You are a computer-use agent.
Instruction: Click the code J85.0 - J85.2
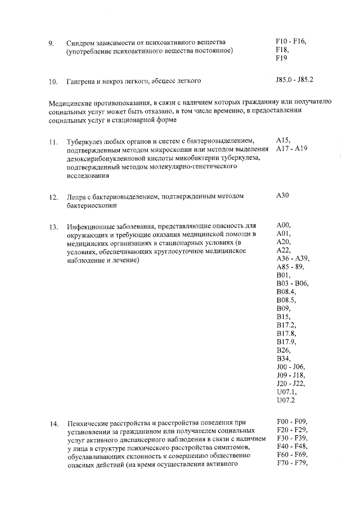[295, 80]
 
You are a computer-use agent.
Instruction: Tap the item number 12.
[53, 197]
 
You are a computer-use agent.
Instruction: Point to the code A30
[282, 196]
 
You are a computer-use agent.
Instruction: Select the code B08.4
[286, 292]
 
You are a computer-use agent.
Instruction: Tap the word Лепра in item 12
[76, 197]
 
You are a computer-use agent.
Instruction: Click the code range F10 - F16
[290, 42]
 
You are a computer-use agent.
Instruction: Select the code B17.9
[286, 341]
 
